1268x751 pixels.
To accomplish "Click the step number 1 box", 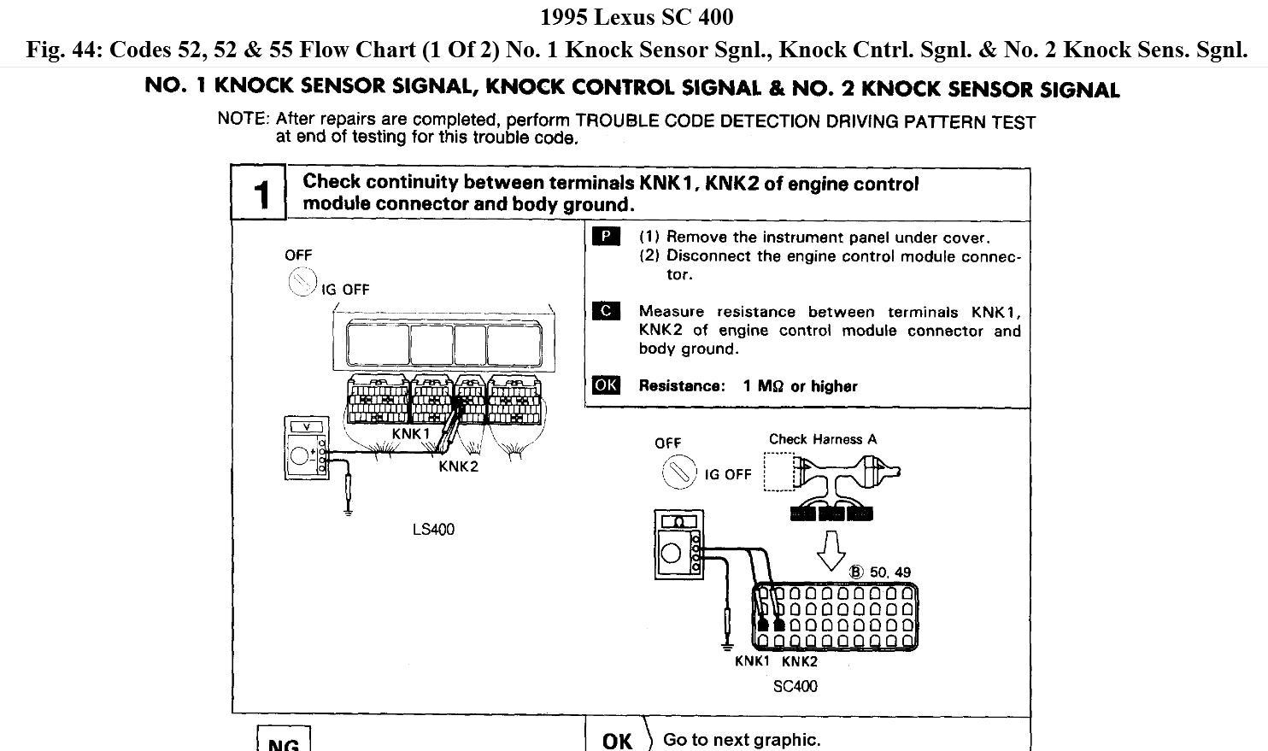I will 258,193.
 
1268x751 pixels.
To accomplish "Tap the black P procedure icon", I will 605,237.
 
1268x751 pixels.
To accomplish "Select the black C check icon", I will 605,311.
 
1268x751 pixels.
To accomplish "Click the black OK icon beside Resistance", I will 605,385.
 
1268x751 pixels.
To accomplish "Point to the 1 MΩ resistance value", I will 762,386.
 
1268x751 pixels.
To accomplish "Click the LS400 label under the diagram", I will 433,530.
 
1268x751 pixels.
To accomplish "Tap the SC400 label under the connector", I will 795,686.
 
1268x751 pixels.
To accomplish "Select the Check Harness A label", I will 822,439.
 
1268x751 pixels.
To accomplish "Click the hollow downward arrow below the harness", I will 831,550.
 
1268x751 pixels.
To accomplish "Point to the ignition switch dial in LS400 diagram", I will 302,282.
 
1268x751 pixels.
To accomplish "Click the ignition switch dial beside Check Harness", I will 680,472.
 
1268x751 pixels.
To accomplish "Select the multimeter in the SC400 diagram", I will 678,544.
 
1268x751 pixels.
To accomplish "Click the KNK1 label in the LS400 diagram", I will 411,433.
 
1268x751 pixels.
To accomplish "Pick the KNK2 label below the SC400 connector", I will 799,661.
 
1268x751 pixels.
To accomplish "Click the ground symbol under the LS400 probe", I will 348,512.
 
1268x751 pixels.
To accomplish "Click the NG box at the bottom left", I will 283,740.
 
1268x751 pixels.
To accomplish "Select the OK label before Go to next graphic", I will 617,740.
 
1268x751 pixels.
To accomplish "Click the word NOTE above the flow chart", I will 243,119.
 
